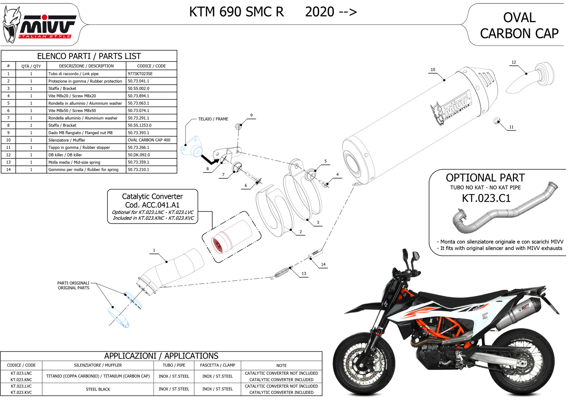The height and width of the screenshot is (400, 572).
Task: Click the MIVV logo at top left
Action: point(40,25)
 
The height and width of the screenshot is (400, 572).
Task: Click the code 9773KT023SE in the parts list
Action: point(140,74)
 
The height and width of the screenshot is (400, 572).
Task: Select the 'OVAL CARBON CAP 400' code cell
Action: point(149,140)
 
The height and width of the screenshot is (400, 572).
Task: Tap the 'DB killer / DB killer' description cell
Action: point(65,155)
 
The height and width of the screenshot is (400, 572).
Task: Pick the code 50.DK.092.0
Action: point(139,155)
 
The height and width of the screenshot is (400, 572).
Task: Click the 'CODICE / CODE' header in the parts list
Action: point(151,66)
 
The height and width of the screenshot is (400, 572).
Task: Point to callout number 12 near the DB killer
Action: point(514,62)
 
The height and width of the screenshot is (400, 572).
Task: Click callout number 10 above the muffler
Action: point(433,70)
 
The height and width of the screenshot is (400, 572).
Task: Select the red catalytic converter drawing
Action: point(232,236)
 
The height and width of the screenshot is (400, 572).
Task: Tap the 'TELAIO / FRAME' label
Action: point(213,119)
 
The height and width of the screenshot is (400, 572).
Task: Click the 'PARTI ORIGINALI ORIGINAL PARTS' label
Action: point(73,285)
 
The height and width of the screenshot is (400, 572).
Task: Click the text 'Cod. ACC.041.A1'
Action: point(152,205)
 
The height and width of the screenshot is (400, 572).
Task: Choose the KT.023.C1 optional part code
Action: point(486,198)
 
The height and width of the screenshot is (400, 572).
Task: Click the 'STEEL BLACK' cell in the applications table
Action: point(98,389)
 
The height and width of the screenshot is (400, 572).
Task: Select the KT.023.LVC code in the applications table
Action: point(21,386)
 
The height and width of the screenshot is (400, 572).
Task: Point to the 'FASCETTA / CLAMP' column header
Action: point(217,365)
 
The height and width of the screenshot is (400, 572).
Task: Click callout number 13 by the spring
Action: point(304,273)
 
